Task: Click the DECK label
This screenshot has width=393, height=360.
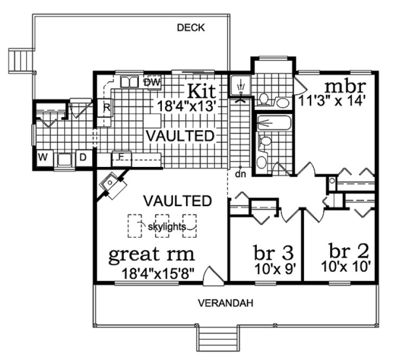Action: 191,28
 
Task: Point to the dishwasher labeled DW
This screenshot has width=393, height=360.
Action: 153,82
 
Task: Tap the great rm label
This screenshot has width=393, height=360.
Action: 152,254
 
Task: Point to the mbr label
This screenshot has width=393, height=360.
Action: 345,86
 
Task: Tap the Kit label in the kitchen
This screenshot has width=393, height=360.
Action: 201,90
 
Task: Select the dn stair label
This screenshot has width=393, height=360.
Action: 240,175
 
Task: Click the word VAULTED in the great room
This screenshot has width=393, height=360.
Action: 178,201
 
